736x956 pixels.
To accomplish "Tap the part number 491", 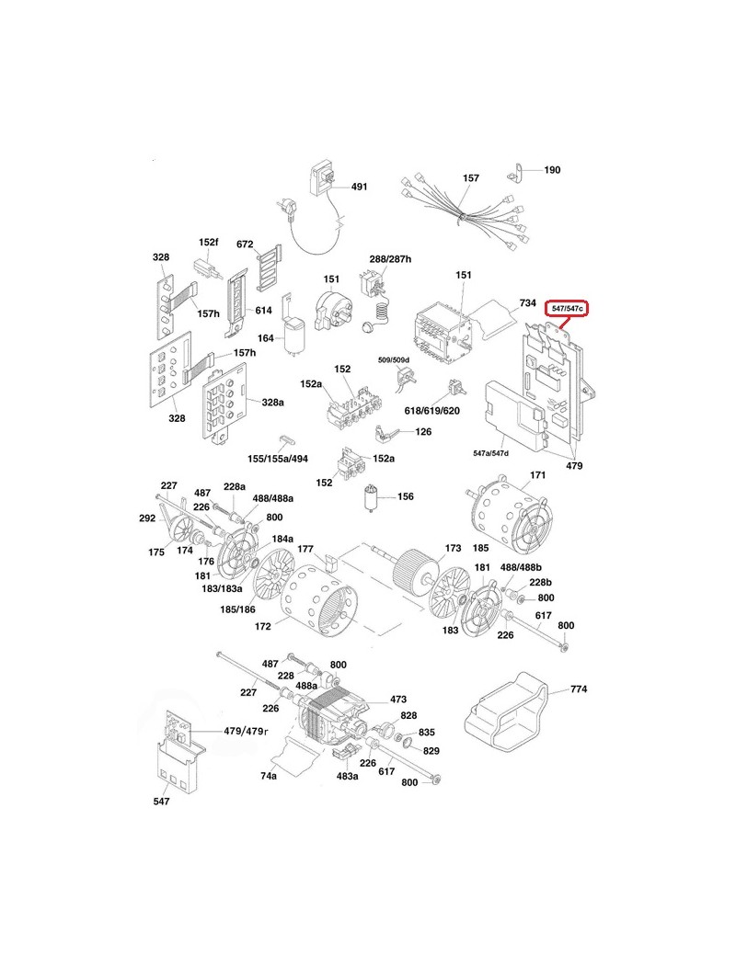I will pos(359,187).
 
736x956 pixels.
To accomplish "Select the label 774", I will pos(578,689).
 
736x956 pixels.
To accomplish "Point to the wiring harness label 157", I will pos(470,177).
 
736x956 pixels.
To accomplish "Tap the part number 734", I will pos(527,302).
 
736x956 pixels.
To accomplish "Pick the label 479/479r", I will pos(246,731).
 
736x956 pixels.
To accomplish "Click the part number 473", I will pos(398,700).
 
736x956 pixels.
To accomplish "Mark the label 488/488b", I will pos(522,567).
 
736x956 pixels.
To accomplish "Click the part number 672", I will pos(245,245).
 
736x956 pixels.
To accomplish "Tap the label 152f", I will pos(209,242).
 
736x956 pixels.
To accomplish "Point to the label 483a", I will pos(347,776).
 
